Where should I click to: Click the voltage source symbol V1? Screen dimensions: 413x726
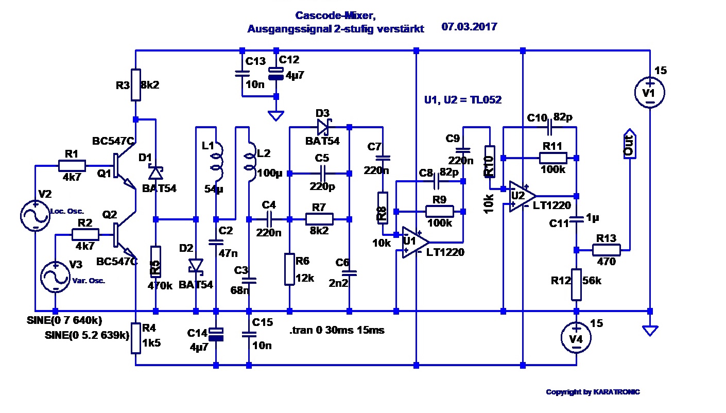(x=650, y=93)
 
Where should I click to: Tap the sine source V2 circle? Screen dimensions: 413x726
(x=35, y=216)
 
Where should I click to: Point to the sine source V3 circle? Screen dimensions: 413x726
(x=55, y=277)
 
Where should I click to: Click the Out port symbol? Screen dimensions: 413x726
(x=629, y=144)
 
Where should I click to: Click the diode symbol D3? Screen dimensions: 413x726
(x=323, y=127)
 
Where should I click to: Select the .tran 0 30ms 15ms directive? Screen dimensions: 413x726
(x=337, y=330)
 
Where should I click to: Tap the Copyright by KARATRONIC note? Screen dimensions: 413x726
(x=593, y=392)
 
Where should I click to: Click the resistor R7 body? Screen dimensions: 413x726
(x=319, y=219)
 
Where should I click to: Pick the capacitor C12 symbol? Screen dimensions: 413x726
(x=276, y=75)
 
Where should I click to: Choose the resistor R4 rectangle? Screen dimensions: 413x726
(x=135, y=338)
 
